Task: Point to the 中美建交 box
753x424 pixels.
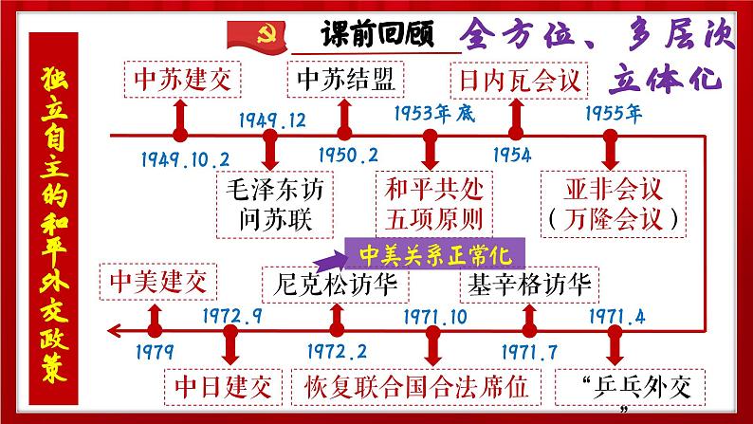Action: [157, 282]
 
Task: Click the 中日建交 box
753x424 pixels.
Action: [224, 387]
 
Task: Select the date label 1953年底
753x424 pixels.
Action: [431, 113]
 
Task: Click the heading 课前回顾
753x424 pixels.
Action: [376, 34]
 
